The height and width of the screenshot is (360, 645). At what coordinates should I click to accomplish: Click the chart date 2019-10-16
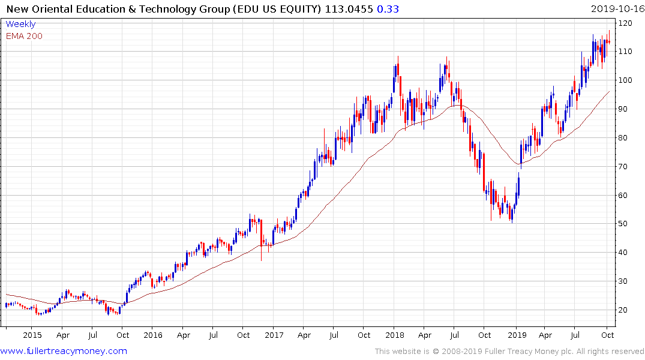click(616, 9)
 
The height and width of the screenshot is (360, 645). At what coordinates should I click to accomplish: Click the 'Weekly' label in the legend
click(21, 24)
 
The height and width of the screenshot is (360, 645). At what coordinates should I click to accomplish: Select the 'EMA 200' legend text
click(25, 36)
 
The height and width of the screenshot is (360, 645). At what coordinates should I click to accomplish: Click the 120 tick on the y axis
click(626, 23)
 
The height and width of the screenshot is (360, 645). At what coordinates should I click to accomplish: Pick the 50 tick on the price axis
click(624, 224)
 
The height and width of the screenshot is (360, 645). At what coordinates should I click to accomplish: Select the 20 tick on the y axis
click(624, 310)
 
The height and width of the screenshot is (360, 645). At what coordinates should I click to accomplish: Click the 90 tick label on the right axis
click(624, 109)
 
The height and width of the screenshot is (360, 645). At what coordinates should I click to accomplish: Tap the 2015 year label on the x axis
click(32, 335)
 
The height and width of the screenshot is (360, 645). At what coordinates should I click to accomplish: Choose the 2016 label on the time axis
click(153, 335)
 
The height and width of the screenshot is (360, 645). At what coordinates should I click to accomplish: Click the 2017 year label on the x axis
click(274, 335)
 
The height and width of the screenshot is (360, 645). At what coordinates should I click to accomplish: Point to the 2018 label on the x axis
click(395, 335)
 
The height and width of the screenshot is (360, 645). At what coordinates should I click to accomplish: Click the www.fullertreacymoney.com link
click(64, 351)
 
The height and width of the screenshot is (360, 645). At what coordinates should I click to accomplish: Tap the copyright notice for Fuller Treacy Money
click(509, 351)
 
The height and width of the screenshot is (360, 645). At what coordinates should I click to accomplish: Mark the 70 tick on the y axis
click(624, 167)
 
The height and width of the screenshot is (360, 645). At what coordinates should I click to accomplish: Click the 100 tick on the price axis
click(626, 80)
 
